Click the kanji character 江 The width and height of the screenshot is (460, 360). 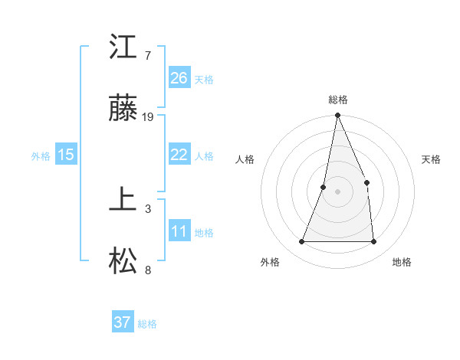click(123, 48)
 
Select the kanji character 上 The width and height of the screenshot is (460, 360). click(123, 201)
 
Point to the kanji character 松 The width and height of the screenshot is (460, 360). click(123, 263)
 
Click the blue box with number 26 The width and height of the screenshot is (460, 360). click(179, 77)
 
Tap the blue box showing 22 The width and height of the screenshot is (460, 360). click(179, 155)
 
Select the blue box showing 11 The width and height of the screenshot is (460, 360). click(179, 231)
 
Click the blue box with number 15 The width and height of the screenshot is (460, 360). click(66, 155)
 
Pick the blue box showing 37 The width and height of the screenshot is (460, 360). click(123, 322)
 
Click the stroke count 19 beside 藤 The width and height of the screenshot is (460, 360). click(149, 117)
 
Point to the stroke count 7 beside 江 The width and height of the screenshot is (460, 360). click(148, 56)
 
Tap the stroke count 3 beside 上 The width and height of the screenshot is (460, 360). click(148, 208)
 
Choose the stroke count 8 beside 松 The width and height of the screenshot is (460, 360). click(148, 270)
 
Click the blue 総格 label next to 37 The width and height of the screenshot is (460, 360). click(147, 324)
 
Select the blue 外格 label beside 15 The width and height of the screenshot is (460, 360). click(41, 156)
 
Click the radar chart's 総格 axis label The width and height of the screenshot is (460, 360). click(337, 100)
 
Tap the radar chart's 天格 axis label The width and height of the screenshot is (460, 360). click(431, 159)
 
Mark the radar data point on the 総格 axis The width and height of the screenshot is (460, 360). click(337, 116)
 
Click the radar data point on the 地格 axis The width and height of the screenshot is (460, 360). click(373, 242)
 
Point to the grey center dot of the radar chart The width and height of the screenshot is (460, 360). click(337, 191)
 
